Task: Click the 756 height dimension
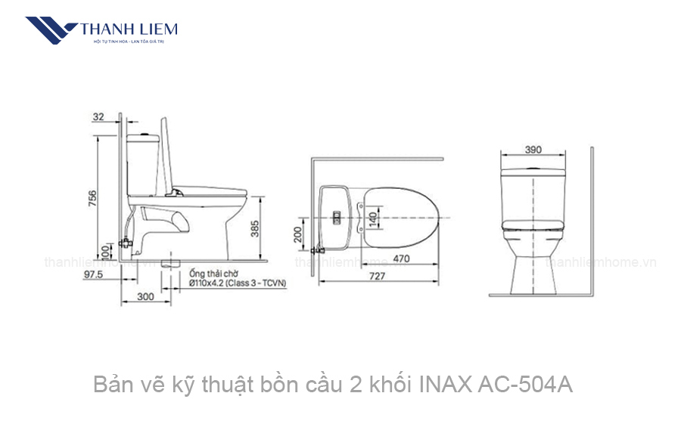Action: [92, 198]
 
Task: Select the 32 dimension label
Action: [99, 116]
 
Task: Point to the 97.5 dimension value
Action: [95, 275]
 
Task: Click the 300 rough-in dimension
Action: [145, 297]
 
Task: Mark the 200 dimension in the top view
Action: [297, 237]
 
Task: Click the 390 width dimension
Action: [533, 150]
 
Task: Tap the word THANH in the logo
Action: [103, 29]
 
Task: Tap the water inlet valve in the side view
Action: [126, 243]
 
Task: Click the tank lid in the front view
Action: [533, 169]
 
